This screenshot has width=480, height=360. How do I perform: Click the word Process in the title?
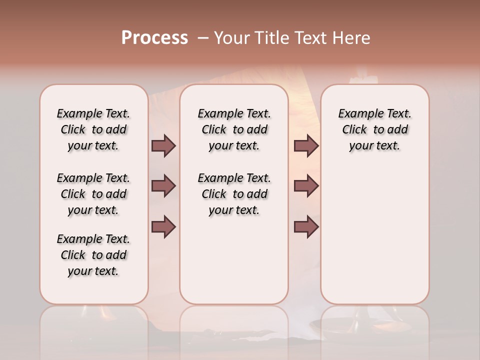(x=154, y=38)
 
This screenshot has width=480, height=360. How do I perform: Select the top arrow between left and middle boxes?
(x=163, y=146)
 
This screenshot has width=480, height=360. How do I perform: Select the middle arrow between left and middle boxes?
(x=163, y=186)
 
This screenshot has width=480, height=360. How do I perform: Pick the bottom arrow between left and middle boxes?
(x=163, y=227)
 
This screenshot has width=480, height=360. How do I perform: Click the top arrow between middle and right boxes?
(x=306, y=146)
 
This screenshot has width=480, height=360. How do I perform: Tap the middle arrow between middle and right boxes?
(x=306, y=186)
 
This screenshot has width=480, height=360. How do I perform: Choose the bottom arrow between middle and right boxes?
(x=306, y=227)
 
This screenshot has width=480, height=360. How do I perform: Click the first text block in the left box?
(x=93, y=129)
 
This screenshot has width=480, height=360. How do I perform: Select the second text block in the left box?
(x=93, y=194)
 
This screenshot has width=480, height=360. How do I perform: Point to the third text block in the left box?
(x=93, y=255)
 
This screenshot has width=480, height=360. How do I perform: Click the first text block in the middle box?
(x=234, y=129)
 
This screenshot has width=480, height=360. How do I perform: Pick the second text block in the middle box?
(x=234, y=194)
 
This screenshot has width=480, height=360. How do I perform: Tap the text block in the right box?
(x=374, y=129)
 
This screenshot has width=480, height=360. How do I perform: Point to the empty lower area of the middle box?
(x=234, y=260)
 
